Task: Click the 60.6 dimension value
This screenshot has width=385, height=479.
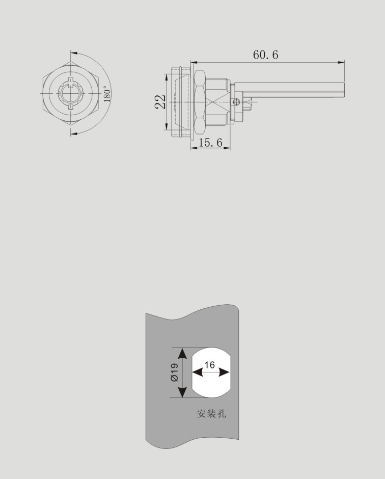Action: tap(266, 55)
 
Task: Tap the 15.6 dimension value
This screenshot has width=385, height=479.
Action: tap(210, 142)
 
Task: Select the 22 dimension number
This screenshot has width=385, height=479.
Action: tap(160, 101)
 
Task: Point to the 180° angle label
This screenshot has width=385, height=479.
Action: tap(106, 93)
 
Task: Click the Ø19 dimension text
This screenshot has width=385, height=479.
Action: tap(174, 372)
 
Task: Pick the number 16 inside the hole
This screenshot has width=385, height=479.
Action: tap(209, 365)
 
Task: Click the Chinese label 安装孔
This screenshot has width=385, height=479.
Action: tap(211, 414)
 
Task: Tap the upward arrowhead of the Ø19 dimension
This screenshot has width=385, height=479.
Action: tap(182, 354)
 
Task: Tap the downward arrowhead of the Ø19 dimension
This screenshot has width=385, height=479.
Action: tap(182, 392)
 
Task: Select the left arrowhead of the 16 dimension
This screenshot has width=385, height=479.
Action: tap(197, 372)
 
